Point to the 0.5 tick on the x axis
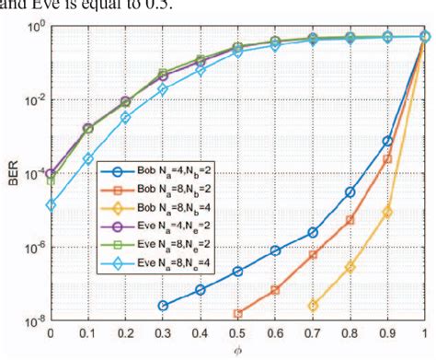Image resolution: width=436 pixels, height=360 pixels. pos(237,333)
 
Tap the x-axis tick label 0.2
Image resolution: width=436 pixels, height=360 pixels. pos(125,333)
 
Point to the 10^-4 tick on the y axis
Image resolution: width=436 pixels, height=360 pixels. pos(31,174)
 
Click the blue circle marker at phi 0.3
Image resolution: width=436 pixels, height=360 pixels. pos(163,305)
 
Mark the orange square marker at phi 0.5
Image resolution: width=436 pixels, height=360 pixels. pos(237,313)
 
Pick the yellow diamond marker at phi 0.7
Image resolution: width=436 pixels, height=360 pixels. pos(313,305)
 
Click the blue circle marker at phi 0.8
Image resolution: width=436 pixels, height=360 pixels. pos(350,192)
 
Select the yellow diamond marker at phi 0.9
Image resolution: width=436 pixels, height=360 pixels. pos(387,212)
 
